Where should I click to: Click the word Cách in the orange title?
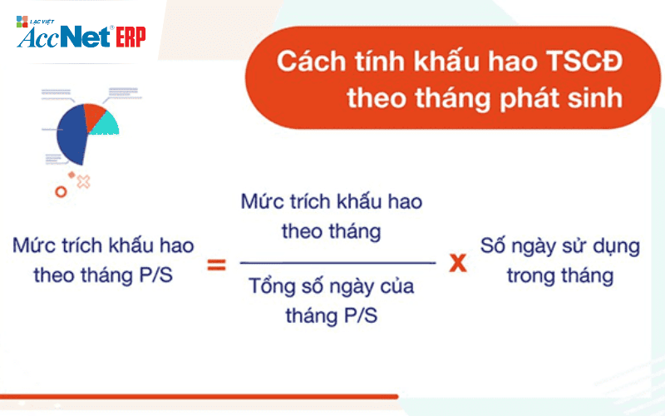[x=312, y=62]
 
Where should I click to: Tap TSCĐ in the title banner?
[x=584, y=61]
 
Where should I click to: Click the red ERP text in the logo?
[x=131, y=37]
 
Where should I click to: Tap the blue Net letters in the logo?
[x=86, y=37]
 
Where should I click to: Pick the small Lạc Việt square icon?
[x=22, y=22]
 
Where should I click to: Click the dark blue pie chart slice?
[x=71, y=135]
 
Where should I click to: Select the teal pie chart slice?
[x=106, y=124]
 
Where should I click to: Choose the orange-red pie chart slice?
[x=93, y=115]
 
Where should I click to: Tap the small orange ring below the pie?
[x=61, y=192]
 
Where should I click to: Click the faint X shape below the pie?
[x=84, y=181]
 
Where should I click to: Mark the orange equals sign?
[x=216, y=265]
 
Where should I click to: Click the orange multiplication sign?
[x=458, y=263]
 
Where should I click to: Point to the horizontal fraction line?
[x=337, y=263]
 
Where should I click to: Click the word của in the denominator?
[x=397, y=286]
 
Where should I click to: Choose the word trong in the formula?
[x=530, y=277]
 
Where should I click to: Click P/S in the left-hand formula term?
[x=156, y=275]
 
